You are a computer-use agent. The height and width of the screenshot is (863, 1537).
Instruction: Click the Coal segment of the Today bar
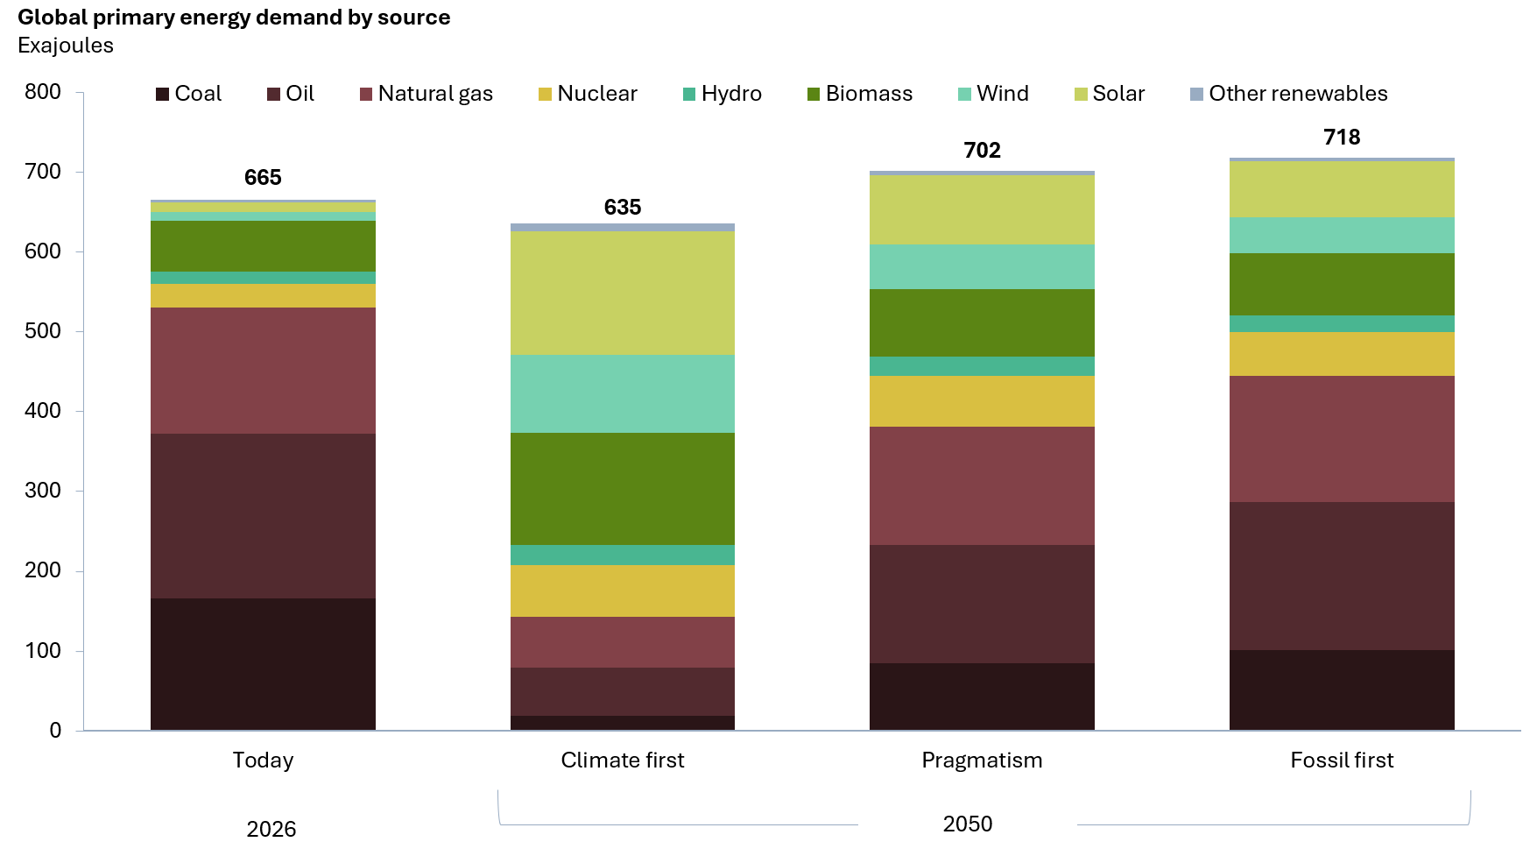(263, 664)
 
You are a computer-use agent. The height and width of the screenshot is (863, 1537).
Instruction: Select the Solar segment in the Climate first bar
(623, 293)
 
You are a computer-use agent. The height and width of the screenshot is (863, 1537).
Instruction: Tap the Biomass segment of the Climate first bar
(623, 489)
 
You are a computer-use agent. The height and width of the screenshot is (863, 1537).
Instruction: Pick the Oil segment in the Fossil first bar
(1342, 576)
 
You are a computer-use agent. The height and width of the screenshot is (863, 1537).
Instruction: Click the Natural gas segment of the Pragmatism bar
(982, 485)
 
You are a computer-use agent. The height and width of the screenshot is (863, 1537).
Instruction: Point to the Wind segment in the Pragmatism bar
(982, 266)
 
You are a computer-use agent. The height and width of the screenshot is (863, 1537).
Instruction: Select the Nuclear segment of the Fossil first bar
(1342, 354)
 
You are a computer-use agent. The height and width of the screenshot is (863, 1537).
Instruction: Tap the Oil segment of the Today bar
(263, 516)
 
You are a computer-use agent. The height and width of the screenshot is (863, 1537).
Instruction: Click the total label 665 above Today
(263, 178)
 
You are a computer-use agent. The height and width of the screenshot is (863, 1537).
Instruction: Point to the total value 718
(1342, 137)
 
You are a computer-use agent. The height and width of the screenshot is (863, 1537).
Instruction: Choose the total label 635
(623, 208)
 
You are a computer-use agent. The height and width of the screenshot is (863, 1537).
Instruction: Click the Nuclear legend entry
(588, 94)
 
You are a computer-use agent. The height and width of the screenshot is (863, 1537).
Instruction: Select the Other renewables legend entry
(1289, 94)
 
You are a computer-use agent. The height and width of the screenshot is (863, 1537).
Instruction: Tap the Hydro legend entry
(723, 94)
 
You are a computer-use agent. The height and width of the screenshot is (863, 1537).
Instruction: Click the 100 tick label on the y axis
(43, 651)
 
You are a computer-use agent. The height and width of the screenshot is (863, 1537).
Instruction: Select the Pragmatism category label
(982, 760)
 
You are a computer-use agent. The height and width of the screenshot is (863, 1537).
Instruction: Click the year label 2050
(968, 824)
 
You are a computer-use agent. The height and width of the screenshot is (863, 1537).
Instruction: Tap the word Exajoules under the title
(66, 46)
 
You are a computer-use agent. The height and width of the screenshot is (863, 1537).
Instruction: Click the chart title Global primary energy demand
(234, 18)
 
